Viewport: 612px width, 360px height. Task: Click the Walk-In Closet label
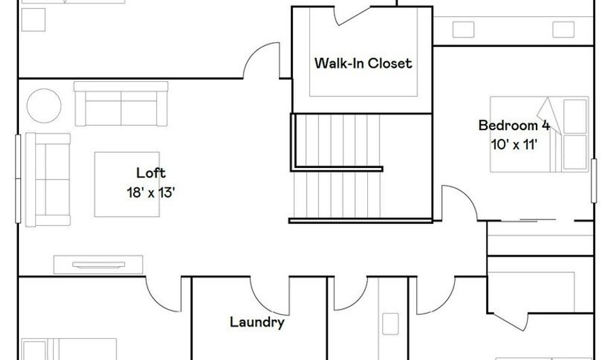point(362,63)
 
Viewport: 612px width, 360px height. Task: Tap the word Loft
point(150,173)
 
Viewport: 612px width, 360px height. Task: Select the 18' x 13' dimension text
point(151,192)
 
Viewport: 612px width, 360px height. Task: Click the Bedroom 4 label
point(513,125)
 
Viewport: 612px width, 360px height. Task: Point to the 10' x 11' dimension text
point(514,144)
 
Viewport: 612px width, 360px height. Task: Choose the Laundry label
point(256,322)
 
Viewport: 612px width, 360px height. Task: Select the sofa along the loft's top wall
point(120,104)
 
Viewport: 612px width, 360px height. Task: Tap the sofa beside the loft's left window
point(48,179)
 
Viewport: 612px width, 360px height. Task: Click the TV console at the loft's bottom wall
point(98,264)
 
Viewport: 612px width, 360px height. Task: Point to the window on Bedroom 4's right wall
point(594,180)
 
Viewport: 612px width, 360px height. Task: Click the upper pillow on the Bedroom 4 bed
point(575,115)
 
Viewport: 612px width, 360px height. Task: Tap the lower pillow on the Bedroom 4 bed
point(575,152)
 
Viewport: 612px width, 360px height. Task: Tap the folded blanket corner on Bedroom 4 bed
point(548,113)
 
